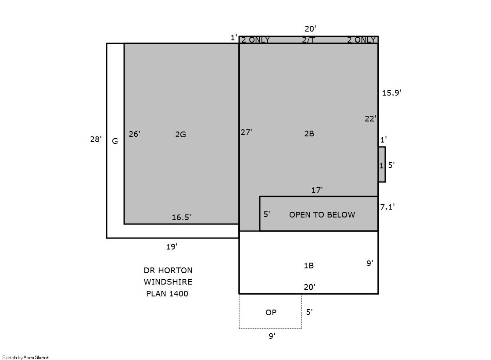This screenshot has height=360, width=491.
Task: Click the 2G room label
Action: [x=180, y=134]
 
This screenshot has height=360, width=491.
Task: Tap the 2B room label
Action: [x=309, y=134]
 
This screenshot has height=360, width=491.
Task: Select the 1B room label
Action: [x=309, y=265]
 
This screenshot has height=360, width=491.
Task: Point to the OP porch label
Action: [x=271, y=312]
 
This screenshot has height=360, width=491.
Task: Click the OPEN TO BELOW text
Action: [x=322, y=215]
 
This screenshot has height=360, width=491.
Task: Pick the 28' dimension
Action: [x=96, y=139]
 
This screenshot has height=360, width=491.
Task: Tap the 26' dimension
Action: [x=134, y=134]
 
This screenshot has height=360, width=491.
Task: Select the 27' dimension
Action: [x=247, y=132]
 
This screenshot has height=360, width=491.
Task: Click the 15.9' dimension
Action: [x=391, y=93]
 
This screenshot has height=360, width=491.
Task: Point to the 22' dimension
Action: [x=370, y=119]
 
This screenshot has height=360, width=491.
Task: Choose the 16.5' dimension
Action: [x=181, y=217]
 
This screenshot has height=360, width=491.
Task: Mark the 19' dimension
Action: [x=172, y=247]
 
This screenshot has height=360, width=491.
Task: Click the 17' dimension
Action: [x=317, y=190]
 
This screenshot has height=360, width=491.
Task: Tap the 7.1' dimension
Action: [x=387, y=207]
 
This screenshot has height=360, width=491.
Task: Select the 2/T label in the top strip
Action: [x=309, y=40]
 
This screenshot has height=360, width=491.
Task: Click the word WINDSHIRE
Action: [x=168, y=282]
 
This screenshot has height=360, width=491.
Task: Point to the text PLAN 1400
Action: [x=167, y=294]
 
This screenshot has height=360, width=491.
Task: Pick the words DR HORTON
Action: [x=168, y=270]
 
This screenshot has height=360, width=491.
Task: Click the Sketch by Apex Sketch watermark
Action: [x=26, y=357]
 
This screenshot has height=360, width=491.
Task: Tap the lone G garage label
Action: [x=115, y=141]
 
